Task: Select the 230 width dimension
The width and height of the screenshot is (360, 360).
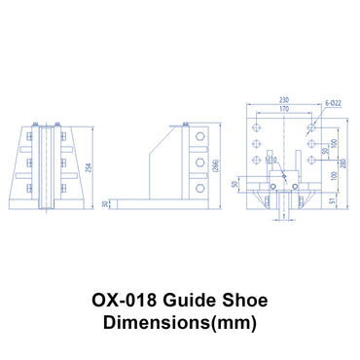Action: click(x=283, y=100)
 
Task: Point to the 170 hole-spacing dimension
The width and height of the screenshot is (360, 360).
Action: click(x=283, y=109)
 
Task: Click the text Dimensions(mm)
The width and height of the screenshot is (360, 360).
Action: click(x=179, y=324)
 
